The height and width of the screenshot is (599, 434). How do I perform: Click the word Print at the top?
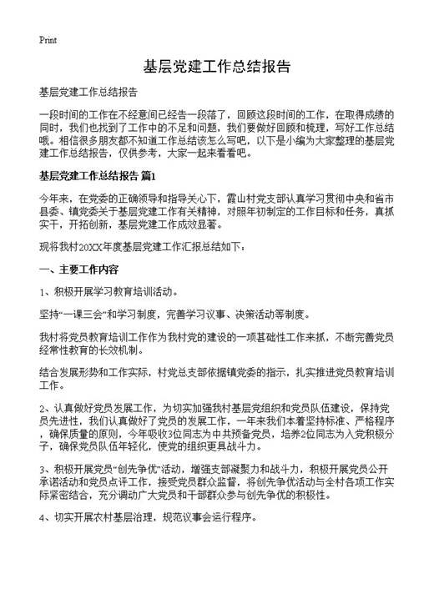[48, 39]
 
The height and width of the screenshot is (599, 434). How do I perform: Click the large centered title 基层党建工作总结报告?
[216, 67]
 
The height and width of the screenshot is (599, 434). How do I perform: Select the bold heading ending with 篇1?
[97, 177]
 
